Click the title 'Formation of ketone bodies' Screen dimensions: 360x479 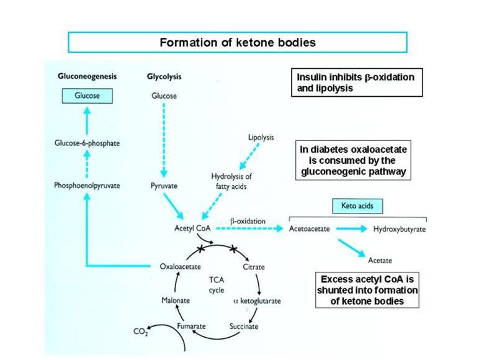coord(238,43)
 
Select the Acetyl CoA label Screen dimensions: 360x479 coord(193,228)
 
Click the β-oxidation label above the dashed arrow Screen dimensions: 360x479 coord(248,221)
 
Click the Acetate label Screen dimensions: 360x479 coord(380,260)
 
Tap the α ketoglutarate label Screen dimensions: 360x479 coord(256,300)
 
